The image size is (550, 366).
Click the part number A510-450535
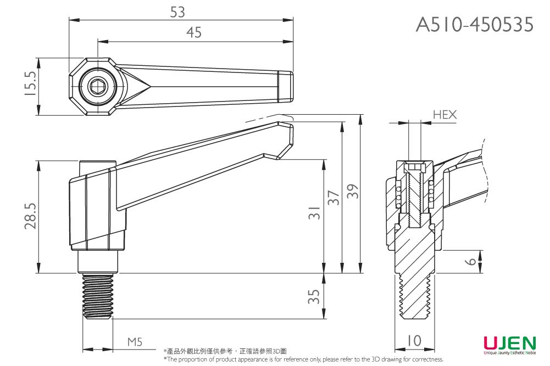[x=475, y=24]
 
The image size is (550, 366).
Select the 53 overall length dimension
[x=177, y=12]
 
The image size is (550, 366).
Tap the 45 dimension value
[x=193, y=33]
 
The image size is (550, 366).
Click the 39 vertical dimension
[x=353, y=192]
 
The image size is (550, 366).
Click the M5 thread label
[x=135, y=342]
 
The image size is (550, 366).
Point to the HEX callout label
[x=445, y=115]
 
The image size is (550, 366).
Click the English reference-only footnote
[x=303, y=359]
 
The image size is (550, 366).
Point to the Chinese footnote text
[x=225, y=351]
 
